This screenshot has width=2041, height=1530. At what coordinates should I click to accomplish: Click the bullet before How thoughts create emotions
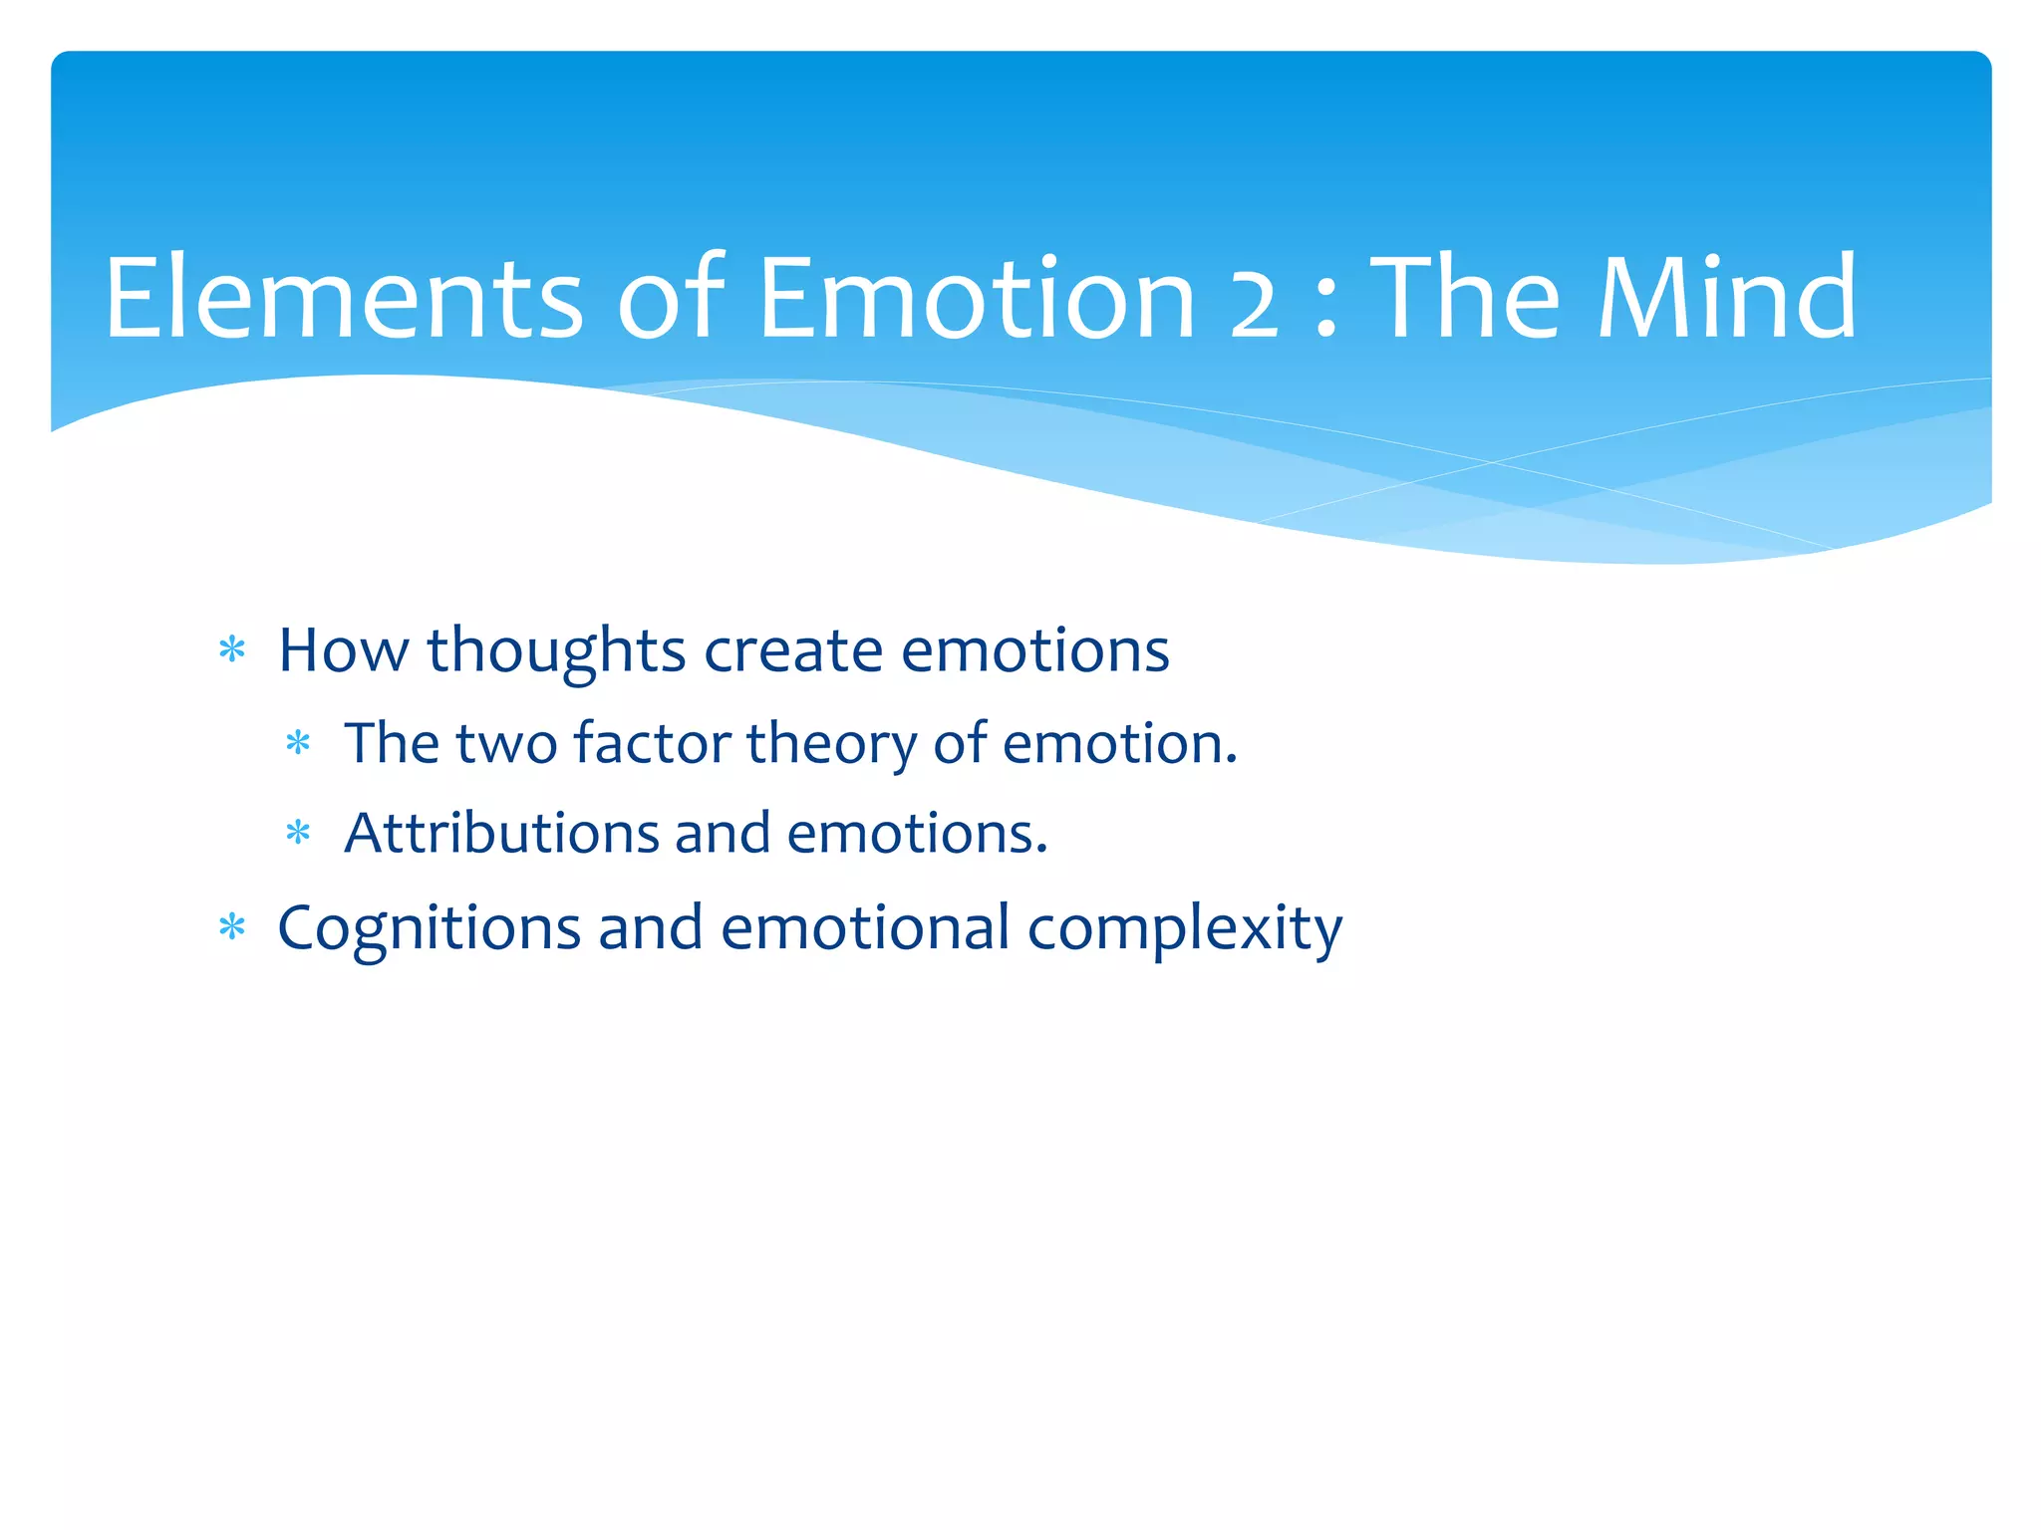232,650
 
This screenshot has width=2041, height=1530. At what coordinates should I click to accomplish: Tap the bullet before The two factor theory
298,743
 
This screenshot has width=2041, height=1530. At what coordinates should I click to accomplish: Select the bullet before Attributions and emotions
298,832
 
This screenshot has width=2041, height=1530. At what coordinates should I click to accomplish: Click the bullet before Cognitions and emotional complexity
232,927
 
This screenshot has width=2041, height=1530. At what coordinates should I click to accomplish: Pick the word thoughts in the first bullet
556,651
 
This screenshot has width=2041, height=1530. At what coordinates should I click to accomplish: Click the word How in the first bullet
343,651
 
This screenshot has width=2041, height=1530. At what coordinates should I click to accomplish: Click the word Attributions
501,833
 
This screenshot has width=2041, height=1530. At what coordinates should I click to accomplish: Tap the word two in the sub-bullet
506,745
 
